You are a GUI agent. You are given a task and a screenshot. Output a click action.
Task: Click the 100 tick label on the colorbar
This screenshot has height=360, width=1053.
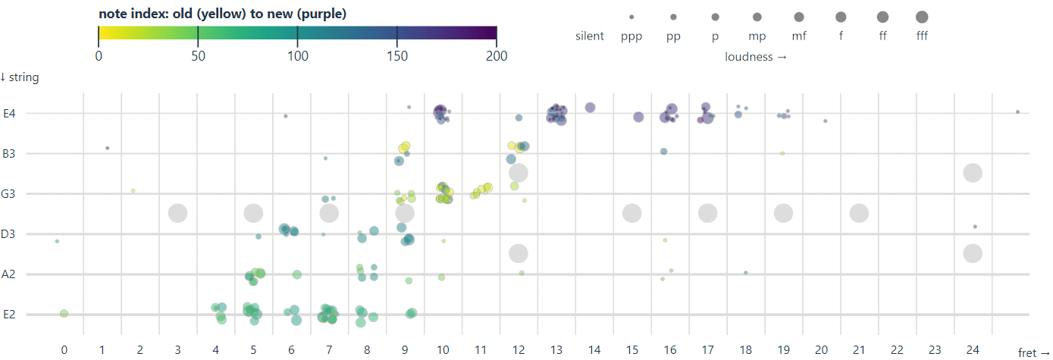click(297, 56)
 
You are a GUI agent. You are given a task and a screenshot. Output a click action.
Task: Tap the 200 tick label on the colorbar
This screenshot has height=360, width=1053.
click(496, 56)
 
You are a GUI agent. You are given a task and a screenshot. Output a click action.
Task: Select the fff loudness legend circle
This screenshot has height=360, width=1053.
click(921, 17)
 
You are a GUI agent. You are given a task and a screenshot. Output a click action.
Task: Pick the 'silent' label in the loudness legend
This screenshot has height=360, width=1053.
click(590, 36)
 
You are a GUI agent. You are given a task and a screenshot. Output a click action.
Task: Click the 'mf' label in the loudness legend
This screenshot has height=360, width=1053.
click(799, 36)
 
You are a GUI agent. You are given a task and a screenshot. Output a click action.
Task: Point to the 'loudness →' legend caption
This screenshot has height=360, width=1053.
click(755, 57)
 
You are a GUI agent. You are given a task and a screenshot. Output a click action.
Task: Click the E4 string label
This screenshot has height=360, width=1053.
click(9, 114)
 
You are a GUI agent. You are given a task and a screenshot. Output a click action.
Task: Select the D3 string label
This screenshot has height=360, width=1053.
click(9, 234)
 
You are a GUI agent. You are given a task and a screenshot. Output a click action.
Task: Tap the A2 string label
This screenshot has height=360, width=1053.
click(9, 274)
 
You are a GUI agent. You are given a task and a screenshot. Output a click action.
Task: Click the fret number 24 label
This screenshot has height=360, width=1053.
click(973, 350)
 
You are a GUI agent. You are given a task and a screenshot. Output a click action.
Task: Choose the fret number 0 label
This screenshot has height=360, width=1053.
click(64, 350)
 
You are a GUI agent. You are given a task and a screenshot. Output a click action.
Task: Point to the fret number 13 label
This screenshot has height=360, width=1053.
click(556, 350)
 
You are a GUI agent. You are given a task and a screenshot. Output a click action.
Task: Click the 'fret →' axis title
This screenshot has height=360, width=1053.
click(1033, 353)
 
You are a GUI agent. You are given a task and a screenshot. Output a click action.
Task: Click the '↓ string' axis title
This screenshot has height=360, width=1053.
click(20, 77)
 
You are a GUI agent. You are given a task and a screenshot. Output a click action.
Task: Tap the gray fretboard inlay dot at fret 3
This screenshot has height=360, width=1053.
click(177, 214)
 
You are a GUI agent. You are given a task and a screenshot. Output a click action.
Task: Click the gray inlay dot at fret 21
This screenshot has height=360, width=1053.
click(859, 214)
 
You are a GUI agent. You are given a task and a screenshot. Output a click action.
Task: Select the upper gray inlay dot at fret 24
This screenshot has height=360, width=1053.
click(973, 173)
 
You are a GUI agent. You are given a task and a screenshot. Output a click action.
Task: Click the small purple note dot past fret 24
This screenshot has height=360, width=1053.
click(1017, 111)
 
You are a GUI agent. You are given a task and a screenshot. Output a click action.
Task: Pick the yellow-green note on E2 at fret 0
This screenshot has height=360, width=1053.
click(64, 314)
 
